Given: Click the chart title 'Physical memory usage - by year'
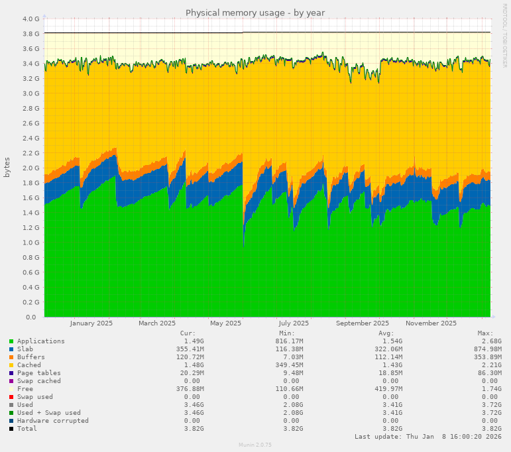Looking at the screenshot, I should pos(255,13).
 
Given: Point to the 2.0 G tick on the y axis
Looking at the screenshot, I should pos(30,168).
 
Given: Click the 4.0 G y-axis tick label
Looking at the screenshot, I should pos(30,19).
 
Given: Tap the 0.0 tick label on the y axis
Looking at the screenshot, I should pos(34,317).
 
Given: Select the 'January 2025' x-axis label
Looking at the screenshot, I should pos(91,323).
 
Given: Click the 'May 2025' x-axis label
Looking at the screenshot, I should pos(225,323).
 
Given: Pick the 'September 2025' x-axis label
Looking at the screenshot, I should pos(363,323).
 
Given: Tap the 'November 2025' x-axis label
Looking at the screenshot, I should pos(431,323).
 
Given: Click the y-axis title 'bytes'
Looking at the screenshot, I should pos(7,167).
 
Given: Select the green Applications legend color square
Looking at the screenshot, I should pos(11,341).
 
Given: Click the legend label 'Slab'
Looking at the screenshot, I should pos(25,349).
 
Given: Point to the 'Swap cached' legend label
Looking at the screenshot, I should pos(38,381).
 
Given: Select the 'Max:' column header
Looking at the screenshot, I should pos(485,333).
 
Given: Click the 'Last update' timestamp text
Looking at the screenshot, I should pos(427,437).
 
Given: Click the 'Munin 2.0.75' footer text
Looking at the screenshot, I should pos(255,445).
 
